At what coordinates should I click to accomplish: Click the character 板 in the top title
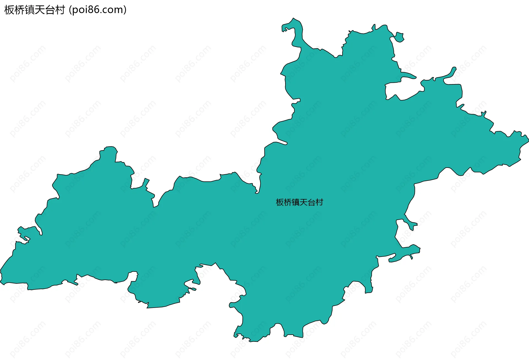tap(9, 10)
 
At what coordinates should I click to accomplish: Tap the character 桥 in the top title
tap(19, 10)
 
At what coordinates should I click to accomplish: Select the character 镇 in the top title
tap(29, 10)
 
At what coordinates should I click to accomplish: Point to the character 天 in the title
tap(40, 10)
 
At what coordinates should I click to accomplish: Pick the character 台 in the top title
tap(50, 10)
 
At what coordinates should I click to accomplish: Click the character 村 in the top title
tap(60, 10)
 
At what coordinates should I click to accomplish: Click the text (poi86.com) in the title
tap(98, 10)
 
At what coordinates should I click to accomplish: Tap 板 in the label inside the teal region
tap(280, 202)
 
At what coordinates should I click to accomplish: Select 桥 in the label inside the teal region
tap(288, 202)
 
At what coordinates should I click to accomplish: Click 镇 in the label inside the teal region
tap(296, 202)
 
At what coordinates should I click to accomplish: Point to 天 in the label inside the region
tap(304, 202)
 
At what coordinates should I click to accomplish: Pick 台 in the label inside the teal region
tap(311, 202)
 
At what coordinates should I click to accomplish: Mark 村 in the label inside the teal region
tap(319, 202)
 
